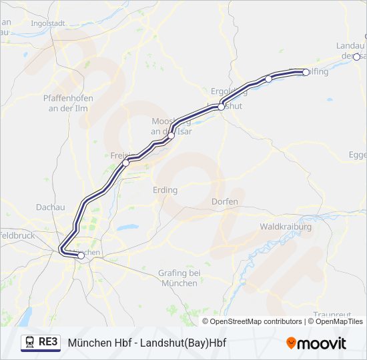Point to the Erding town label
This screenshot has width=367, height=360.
tap(165, 190)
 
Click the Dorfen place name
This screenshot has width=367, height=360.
tap(224, 201)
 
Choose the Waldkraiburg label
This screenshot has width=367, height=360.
tap(286, 227)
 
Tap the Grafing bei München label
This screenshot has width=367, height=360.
tap(179, 278)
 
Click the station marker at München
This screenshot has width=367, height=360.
tap(81, 255)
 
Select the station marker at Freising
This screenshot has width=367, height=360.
tap(125, 162)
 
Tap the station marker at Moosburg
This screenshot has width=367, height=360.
tap(171, 135)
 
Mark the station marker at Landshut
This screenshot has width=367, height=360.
tap(221, 107)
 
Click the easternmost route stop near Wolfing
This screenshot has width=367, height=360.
tap(306, 72)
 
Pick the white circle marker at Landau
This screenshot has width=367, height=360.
tap(356, 57)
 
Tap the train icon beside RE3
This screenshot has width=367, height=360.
tap(30, 343)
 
